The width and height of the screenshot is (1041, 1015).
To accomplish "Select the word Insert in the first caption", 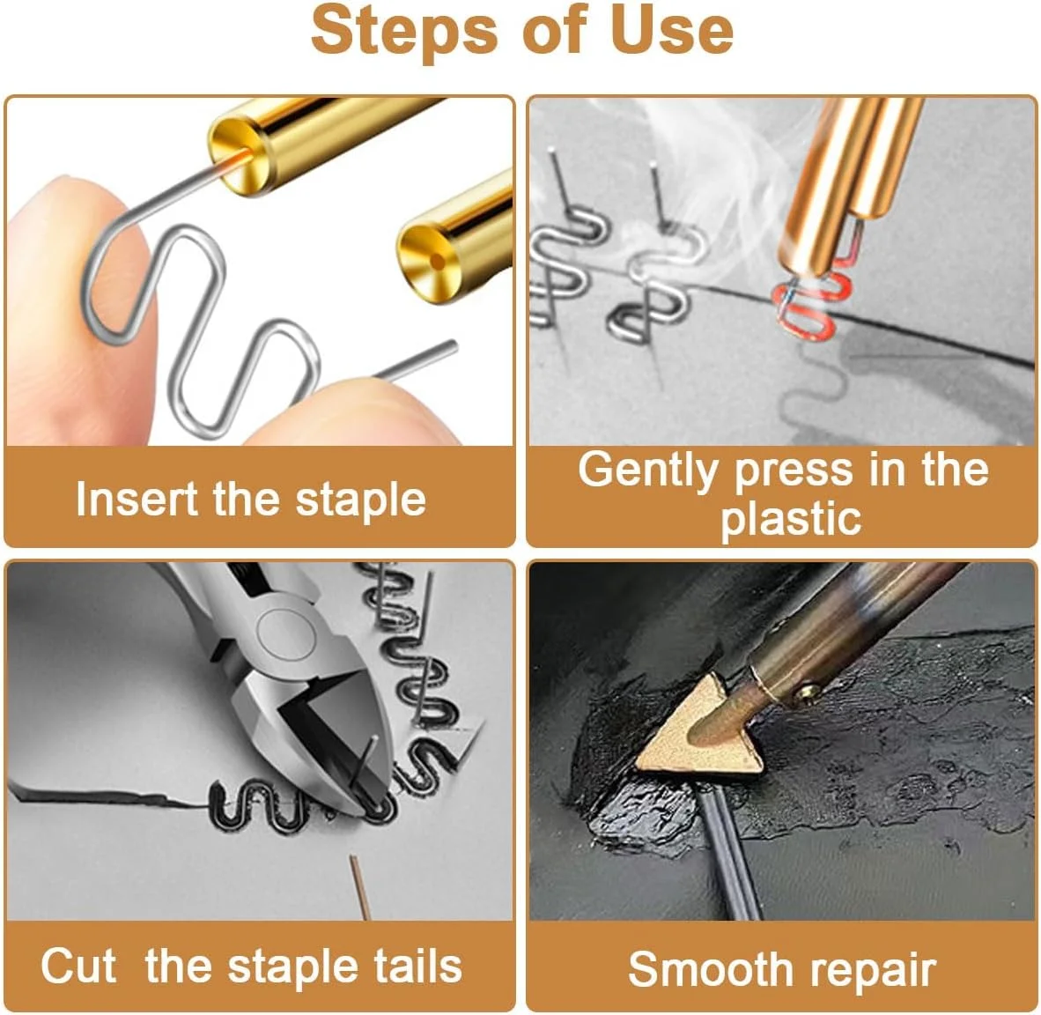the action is [x=137, y=499].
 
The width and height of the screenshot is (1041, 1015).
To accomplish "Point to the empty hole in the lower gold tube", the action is [x=437, y=261].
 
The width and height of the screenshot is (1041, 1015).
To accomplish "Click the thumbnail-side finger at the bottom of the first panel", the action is [x=358, y=411].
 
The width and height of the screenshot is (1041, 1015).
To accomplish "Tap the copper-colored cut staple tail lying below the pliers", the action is [x=359, y=887].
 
